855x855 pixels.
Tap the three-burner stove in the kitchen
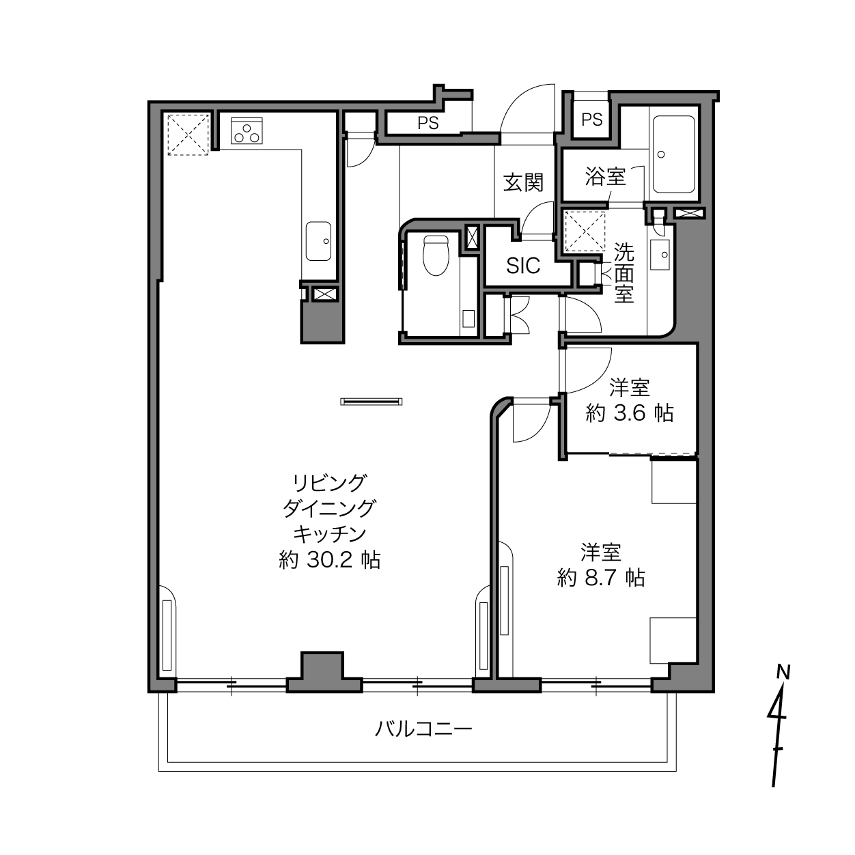pos(247,130)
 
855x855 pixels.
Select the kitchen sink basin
pos(318,241)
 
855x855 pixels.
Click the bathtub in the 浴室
pos(673,154)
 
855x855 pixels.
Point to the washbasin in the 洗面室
pos(660,254)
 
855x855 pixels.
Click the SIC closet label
pos(523,266)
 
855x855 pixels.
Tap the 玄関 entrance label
pos(523,182)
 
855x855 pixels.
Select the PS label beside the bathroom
pos(592,120)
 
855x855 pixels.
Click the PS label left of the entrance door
pos(428,122)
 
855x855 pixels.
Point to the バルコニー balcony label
pos(423,729)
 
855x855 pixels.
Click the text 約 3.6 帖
pos(630,414)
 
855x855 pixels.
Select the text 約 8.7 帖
pos(601,578)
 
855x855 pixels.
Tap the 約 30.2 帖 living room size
pos(330,560)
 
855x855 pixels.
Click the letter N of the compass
pos(783,672)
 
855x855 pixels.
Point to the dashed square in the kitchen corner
pos(188,135)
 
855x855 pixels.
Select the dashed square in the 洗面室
pos(585,232)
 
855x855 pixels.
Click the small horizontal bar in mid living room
pos(372,402)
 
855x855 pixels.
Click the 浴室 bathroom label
pos(605,176)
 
